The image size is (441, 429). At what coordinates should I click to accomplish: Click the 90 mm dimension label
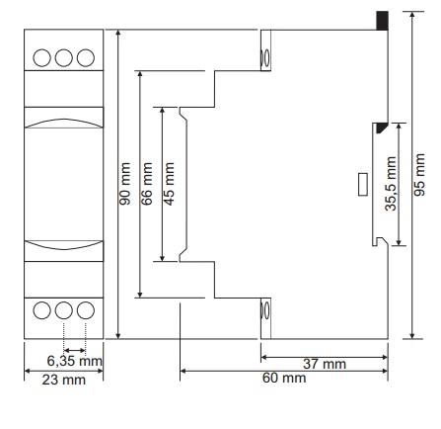click(x=125, y=184)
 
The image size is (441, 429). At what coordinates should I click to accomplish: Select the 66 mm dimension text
click(x=147, y=184)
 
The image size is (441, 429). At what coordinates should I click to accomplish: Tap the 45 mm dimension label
click(x=169, y=184)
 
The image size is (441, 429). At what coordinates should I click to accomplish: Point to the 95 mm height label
click(x=419, y=175)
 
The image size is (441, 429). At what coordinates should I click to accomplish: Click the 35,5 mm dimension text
click(x=391, y=184)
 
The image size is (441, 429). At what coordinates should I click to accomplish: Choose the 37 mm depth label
click(x=325, y=364)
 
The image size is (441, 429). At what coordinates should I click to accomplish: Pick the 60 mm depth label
click(x=284, y=378)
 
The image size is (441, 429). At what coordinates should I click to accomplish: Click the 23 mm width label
click(x=64, y=380)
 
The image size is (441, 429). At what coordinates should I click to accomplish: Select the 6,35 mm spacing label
click(x=74, y=361)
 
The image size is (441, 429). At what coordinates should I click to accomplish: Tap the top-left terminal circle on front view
click(x=41, y=57)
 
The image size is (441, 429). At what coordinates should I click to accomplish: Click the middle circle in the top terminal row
click(x=64, y=57)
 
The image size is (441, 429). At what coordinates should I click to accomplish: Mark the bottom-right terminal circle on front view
click(x=86, y=310)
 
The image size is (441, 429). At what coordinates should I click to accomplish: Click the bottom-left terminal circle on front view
click(x=41, y=310)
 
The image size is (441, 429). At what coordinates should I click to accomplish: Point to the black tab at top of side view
click(x=383, y=21)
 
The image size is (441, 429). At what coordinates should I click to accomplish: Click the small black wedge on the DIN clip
click(x=382, y=128)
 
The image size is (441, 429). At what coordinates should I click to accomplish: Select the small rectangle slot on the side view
click(x=363, y=185)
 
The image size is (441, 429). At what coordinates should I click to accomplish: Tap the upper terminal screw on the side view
click(x=264, y=57)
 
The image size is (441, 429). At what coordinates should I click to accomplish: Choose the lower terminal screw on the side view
click(x=264, y=310)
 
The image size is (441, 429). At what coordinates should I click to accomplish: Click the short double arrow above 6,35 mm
click(x=75, y=350)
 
